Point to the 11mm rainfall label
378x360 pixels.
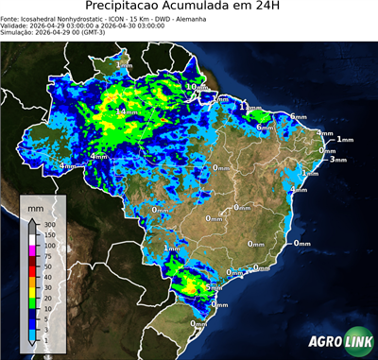pos(250,108)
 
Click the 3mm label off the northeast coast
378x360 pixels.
pos(338,159)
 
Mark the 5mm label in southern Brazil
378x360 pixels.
pos(214,287)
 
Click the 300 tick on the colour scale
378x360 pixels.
pos(50,224)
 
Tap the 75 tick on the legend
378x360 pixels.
pos(48,255)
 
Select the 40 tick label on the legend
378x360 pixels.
pos(48,276)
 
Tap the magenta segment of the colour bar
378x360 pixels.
pos(32,250)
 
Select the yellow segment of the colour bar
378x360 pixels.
pos(32,291)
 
